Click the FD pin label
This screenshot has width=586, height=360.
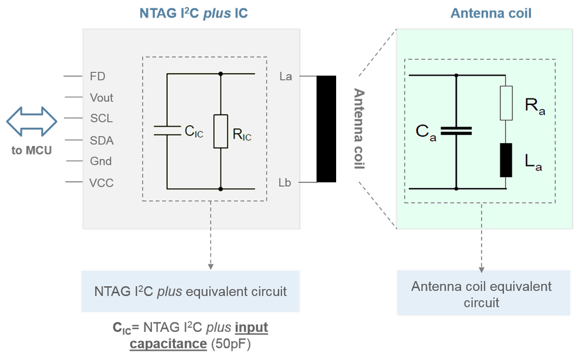(97, 77)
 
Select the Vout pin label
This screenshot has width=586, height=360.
(101, 98)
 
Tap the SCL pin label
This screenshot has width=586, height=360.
(101, 118)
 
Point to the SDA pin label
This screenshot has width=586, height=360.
(101, 141)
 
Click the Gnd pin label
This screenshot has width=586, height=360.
(100, 161)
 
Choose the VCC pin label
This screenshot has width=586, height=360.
(101, 183)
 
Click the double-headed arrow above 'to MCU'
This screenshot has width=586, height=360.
(32, 121)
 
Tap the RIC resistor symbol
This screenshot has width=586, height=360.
(221, 131)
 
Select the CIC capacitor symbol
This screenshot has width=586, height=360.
(167, 130)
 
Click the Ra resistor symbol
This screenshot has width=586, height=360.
(506, 103)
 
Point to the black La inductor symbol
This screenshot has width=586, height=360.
(506, 160)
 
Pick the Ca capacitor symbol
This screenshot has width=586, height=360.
(456, 131)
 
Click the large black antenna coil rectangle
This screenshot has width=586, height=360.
(326, 129)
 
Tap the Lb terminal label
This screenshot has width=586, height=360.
(284, 182)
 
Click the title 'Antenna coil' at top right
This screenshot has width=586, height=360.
(491, 13)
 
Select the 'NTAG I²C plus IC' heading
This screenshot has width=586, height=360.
(194, 13)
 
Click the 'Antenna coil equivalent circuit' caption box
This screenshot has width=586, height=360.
(483, 293)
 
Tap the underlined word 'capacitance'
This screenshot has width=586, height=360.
(168, 344)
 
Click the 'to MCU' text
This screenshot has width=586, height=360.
(32, 151)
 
